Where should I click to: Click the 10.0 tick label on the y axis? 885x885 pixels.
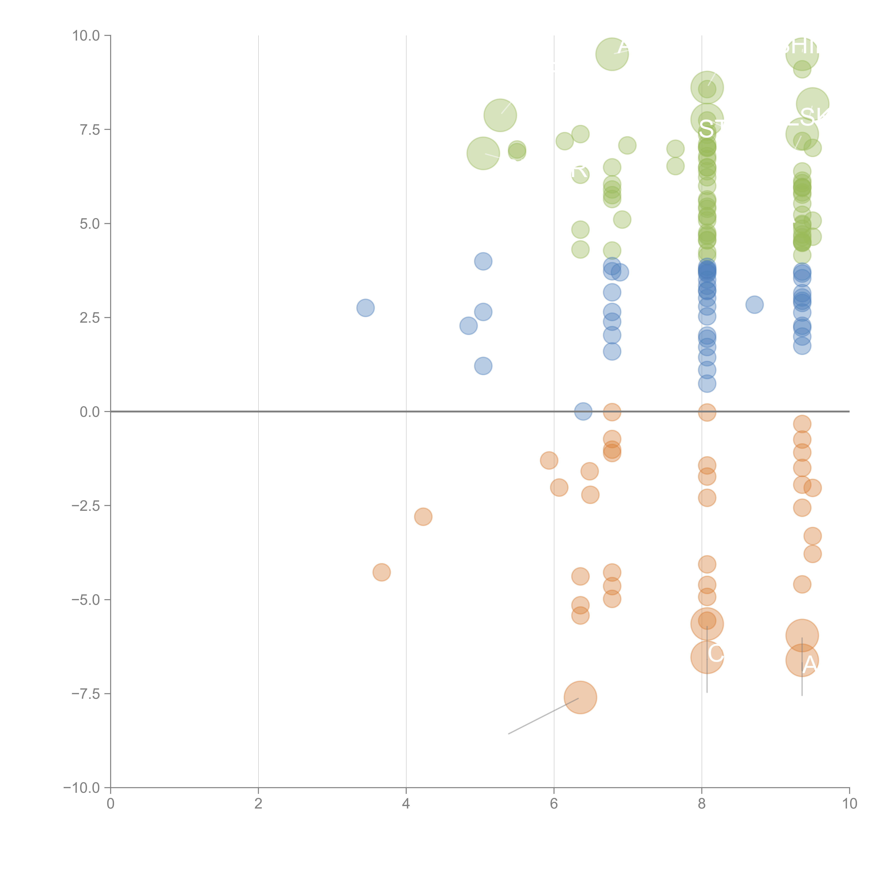(86, 36)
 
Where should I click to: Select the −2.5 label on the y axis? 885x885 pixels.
(86, 506)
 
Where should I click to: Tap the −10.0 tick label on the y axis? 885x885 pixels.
(82, 788)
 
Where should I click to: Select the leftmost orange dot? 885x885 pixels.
(382, 572)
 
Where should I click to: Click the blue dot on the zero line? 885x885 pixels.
(583, 411)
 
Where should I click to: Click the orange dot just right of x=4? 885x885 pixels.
(423, 517)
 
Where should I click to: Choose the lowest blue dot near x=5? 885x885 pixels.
(483, 366)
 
